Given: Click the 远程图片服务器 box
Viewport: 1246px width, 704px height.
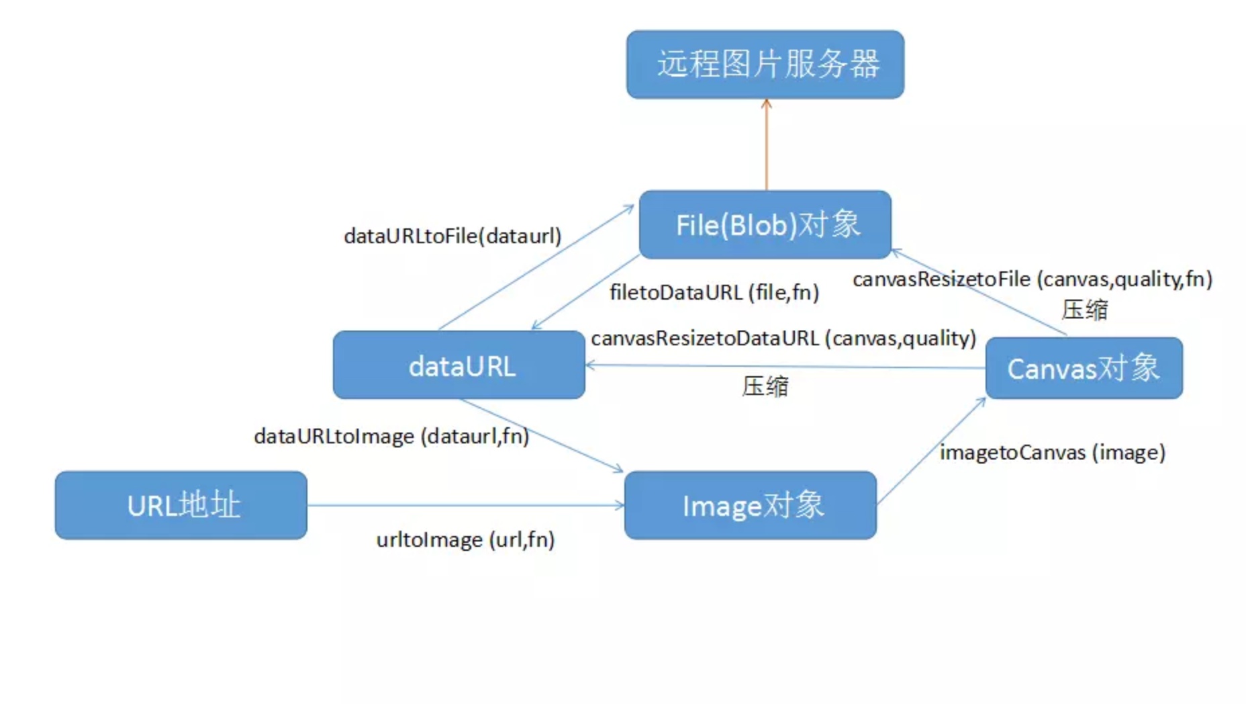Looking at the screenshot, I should (x=765, y=64).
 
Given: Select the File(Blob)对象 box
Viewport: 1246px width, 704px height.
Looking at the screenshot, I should (x=765, y=224).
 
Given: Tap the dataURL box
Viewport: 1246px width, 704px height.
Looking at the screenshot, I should (x=459, y=365).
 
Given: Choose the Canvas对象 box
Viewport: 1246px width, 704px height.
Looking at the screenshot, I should (x=1084, y=368).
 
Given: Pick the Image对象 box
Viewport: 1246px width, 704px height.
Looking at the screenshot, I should (x=750, y=505).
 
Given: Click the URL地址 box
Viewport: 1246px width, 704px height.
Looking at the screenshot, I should (x=181, y=505).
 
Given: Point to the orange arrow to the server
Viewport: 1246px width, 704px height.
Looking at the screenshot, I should (x=766, y=144).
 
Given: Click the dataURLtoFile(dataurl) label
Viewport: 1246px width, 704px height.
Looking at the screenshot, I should (x=452, y=236).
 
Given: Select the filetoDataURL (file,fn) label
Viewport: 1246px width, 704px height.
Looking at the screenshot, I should (x=714, y=293).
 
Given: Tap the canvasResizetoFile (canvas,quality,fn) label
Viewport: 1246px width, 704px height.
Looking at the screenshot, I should (x=1032, y=279).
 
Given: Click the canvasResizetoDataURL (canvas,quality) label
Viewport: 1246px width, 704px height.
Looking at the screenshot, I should (x=783, y=339).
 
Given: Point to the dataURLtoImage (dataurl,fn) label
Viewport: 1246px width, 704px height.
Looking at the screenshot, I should (x=391, y=437).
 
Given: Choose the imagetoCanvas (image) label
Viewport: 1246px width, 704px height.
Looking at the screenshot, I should (x=1052, y=453).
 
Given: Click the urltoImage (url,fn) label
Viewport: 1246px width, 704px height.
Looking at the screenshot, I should (x=465, y=540).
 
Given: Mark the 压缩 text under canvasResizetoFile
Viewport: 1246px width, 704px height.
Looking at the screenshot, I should (x=1084, y=310).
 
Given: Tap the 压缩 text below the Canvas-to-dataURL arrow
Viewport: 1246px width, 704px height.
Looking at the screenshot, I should (x=765, y=386).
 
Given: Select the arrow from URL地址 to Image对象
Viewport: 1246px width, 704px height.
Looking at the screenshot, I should (x=465, y=505).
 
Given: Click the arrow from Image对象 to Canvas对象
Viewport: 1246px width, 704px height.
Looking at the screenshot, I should (x=931, y=451).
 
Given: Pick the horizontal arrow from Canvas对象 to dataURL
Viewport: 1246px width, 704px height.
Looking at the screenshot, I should (x=785, y=367).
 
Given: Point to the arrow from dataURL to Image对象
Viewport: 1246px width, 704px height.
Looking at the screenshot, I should (x=541, y=435).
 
